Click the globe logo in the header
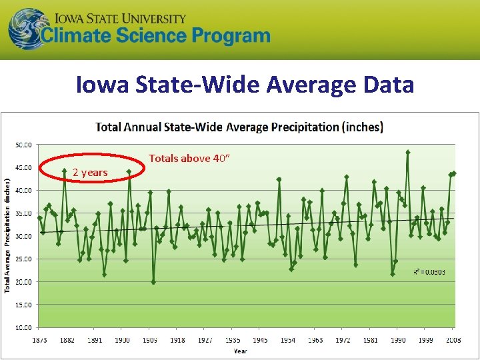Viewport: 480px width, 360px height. click(x=27, y=29)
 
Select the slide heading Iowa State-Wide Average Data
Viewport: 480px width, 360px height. click(x=245, y=85)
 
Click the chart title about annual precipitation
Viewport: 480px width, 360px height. click(x=239, y=127)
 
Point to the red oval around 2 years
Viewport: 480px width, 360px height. click(x=92, y=172)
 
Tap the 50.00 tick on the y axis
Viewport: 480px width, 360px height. click(x=24, y=145)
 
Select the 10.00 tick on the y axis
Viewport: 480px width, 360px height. click(x=24, y=327)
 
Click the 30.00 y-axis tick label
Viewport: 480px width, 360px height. click(x=24, y=236)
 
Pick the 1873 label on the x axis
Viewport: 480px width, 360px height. click(x=39, y=340)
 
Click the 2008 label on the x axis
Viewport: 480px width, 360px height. click(x=453, y=340)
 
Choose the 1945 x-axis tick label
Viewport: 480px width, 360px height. click(x=260, y=340)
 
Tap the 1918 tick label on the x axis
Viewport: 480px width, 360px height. click(x=177, y=340)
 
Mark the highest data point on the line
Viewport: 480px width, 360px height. click(x=407, y=152)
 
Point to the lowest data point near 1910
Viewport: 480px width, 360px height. click(x=153, y=282)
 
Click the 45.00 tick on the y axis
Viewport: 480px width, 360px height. click(x=24, y=167)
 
